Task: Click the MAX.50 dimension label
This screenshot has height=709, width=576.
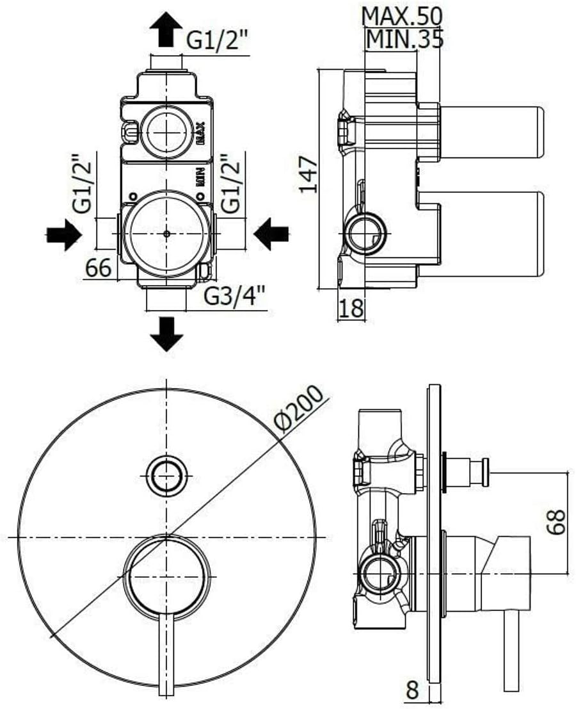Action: point(402,17)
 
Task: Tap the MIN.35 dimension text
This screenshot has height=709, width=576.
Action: point(404,39)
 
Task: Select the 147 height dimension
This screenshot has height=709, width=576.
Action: point(310,174)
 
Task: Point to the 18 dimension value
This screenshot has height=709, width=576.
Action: point(351,308)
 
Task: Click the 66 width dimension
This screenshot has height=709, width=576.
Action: point(99,268)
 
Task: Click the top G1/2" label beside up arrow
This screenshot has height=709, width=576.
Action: point(218,42)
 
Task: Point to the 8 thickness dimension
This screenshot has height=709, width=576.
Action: point(412,690)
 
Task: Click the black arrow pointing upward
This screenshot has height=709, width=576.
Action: point(166,29)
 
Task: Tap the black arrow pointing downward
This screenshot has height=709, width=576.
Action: point(166,334)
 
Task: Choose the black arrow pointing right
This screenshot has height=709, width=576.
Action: point(64,234)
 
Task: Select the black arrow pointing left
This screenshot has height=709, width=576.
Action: point(271,234)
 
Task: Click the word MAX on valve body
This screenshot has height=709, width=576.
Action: point(201,133)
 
